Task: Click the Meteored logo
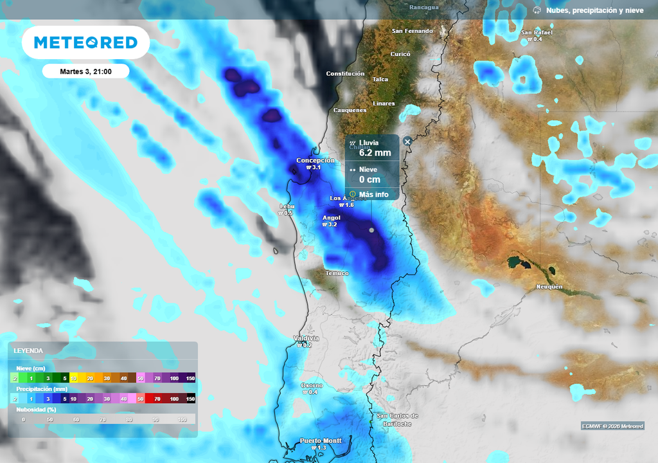[85, 42]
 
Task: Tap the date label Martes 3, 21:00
[85, 71]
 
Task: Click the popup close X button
[407, 141]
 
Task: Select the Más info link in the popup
[373, 194]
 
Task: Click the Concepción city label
[316, 160]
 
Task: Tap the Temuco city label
[337, 273]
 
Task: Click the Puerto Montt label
[321, 440]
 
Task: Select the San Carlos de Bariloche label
[398, 419]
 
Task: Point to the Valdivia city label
[306, 338]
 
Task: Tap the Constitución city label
[345, 74]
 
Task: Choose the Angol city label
[331, 217]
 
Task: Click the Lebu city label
[286, 206]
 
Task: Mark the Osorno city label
[312, 385]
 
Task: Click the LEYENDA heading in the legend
[28, 350]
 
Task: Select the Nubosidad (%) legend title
[36, 409]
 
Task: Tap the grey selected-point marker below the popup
[371, 230]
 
